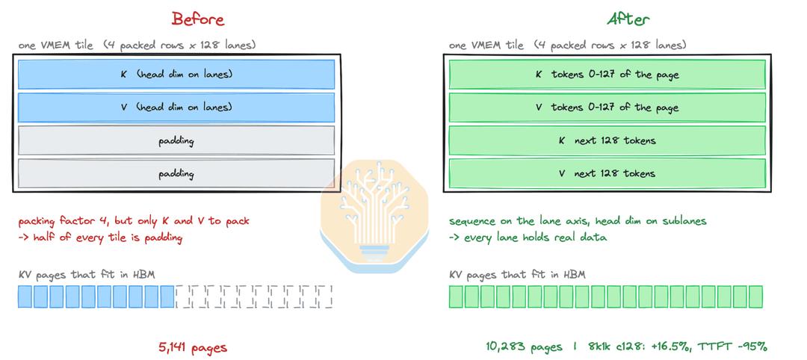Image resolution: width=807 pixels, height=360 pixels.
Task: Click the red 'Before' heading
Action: pyautogui.click(x=198, y=19)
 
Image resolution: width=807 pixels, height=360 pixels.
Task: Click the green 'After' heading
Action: pyautogui.click(x=628, y=19)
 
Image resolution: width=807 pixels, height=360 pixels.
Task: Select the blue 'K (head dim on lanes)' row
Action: pyautogui.click(x=176, y=75)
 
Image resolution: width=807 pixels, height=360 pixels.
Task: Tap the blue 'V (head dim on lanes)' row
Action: pyautogui.click(x=176, y=108)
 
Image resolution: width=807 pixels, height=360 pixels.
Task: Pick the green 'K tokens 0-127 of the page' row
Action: pyautogui.click(x=607, y=75)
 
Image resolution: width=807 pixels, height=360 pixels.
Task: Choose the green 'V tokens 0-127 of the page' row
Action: pyautogui.click(x=607, y=108)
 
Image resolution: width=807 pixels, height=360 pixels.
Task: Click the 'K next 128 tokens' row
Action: pyautogui.click(x=607, y=140)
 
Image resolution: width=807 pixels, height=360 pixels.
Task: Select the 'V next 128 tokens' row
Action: pyautogui.click(x=607, y=173)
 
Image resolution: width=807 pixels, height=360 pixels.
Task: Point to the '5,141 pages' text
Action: pyautogui.click(x=193, y=348)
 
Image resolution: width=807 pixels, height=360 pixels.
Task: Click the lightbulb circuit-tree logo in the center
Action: pyautogui.click(x=374, y=216)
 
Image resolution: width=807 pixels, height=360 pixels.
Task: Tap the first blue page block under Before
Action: pyautogui.click(x=25, y=297)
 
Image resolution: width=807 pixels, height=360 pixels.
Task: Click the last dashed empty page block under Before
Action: pyautogui.click(x=325, y=297)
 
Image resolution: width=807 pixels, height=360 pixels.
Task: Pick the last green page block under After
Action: pyautogui.click(x=755, y=297)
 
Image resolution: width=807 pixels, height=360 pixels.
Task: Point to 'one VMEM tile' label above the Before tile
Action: pyautogui.click(x=55, y=46)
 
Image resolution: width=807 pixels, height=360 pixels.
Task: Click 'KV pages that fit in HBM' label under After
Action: pyautogui.click(x=517, y=275)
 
